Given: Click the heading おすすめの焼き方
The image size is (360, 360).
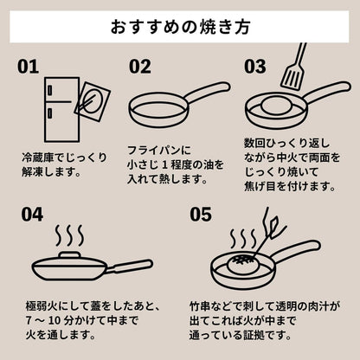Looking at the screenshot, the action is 180,27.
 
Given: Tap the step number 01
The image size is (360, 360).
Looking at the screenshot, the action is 28,67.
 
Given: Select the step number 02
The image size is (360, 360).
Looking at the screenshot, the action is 140,67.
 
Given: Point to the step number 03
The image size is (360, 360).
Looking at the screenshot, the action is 255,67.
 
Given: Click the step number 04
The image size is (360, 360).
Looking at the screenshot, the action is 32,215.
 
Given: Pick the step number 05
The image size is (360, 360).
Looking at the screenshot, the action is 201,215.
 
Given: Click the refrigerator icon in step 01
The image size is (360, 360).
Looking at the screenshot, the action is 61,110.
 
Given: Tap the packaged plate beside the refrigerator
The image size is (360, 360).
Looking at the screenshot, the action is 93,101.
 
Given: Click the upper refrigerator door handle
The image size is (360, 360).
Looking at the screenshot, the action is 50,90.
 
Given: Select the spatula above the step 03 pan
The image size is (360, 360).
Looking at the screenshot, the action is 293,67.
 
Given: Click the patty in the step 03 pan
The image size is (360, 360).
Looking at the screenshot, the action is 276,106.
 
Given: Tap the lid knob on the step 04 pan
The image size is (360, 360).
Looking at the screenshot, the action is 69,255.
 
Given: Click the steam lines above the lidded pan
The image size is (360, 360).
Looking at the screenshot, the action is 69,235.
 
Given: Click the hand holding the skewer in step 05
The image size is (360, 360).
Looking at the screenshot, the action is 274,227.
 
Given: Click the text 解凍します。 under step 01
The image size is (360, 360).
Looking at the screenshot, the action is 51,172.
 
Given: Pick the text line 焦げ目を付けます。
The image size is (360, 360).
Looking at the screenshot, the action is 290,186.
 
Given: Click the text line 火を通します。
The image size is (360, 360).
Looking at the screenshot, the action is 61,335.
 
